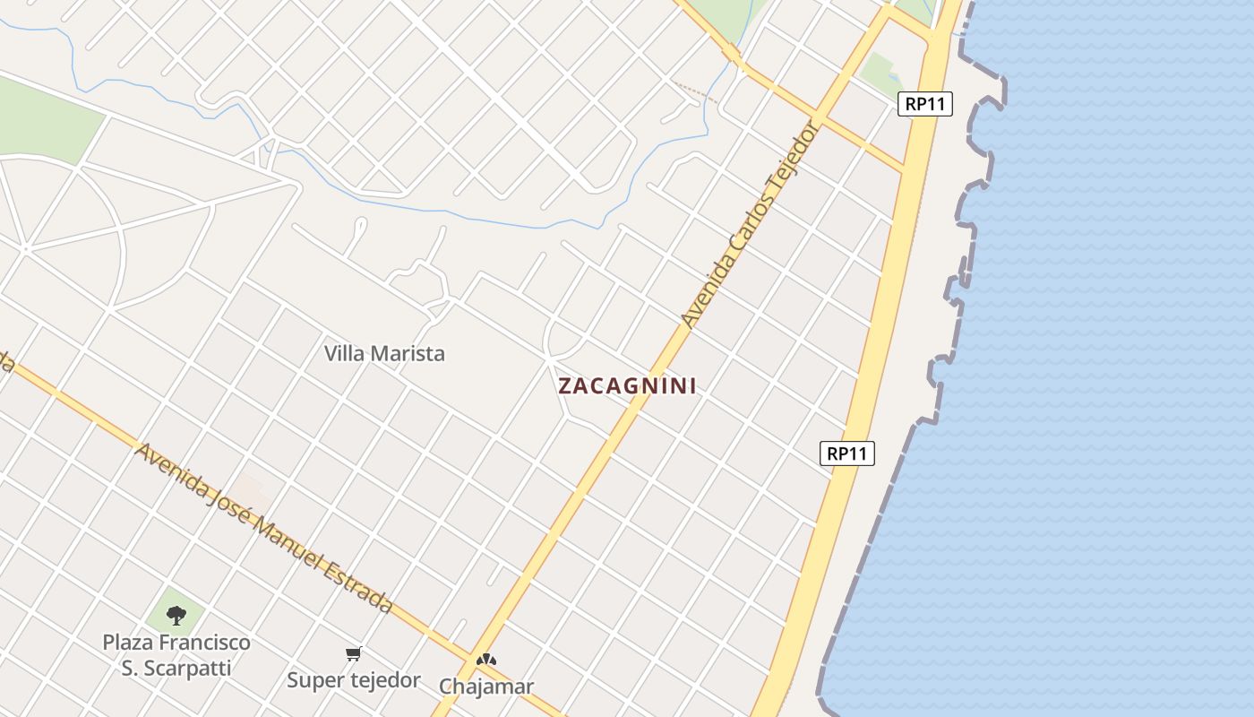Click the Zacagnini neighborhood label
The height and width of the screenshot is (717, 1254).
627,386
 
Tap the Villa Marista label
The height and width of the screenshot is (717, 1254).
384,353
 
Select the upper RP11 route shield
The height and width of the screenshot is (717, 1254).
924,104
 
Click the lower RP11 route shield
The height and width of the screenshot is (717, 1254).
846,454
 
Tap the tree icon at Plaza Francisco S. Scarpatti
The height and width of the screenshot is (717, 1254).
176,615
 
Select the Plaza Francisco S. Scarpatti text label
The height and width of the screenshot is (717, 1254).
176,655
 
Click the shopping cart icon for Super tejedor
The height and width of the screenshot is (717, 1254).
354,654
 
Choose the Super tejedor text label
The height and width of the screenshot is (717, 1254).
354,680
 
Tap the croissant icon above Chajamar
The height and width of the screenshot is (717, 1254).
485,661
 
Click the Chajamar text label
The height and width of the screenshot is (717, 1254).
486,687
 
